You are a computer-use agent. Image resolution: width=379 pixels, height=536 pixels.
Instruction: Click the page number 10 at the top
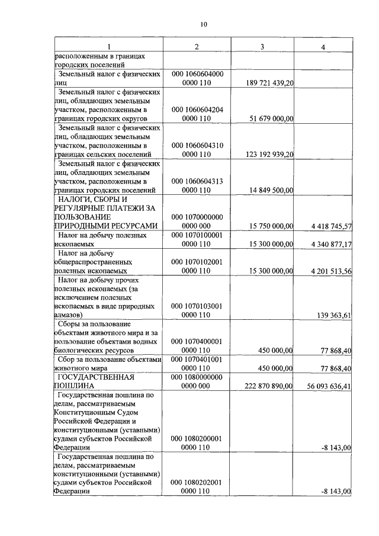pos(203,24)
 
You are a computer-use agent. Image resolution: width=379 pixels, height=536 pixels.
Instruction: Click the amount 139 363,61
pos(335,315)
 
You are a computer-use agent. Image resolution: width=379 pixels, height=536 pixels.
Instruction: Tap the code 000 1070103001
pos(197,306)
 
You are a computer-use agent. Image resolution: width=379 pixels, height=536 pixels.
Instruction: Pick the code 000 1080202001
pos(197,482)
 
